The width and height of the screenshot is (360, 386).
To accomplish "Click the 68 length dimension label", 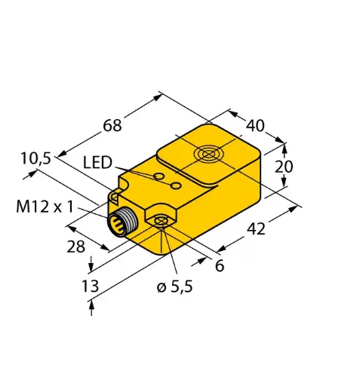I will pos(112,124).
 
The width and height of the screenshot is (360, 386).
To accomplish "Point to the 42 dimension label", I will pos(256,229).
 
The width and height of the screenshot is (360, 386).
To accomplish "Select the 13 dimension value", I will pos(89,286).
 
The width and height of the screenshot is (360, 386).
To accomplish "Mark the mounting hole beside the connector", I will pos(160,222).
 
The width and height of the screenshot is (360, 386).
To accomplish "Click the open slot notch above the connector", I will pos(113,197).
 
